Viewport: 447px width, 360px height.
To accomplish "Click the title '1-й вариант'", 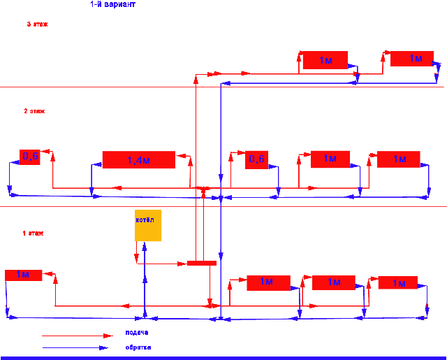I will point(113,4).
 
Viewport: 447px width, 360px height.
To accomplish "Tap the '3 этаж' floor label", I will point(37,24).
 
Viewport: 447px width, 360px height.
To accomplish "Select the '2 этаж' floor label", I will point(34,111).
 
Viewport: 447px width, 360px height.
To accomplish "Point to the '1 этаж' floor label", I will point(33,233).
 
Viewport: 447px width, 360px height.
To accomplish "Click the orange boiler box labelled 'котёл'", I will point(148,225).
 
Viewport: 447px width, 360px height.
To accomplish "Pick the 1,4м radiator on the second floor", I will point(138,159).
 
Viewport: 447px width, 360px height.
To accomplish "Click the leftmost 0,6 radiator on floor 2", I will point(30,157).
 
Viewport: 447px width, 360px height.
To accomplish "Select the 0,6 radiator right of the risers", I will point(256,159).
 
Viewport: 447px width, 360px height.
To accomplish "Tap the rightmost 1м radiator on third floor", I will point(412,59).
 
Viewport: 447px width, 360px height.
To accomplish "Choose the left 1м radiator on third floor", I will point(325,60).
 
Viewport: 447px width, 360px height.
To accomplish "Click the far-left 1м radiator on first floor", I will point(23,275).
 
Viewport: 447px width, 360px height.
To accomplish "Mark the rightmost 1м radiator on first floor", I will point(398,282).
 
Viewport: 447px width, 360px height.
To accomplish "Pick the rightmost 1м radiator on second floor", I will point(398,159).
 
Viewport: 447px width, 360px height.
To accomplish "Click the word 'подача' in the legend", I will point(136,332).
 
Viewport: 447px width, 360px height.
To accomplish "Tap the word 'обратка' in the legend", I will point(138,347).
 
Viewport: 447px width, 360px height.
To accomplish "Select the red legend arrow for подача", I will point(73,336).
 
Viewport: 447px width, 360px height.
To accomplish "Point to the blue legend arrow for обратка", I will point(73,347).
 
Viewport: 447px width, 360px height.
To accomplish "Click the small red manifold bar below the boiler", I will point(201,263).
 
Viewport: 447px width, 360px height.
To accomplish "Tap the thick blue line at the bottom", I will point(223,357).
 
